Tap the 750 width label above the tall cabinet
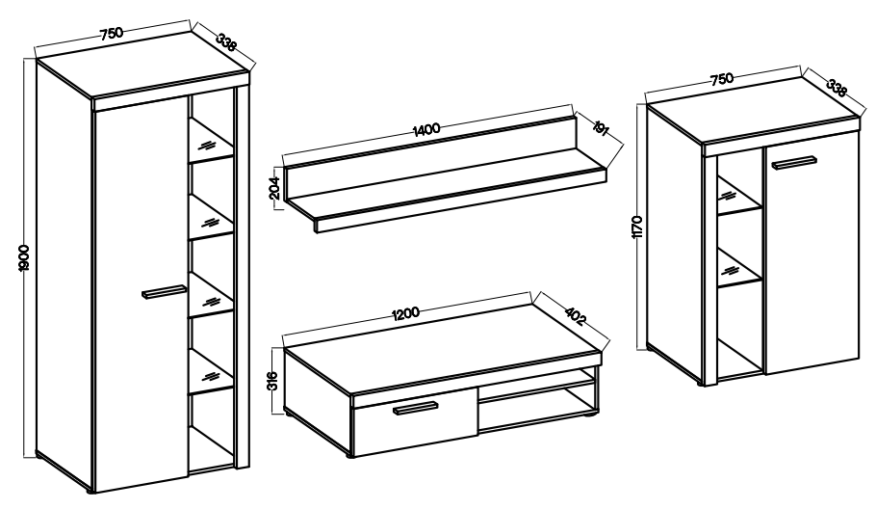pyautogui.click(x=111, y=34)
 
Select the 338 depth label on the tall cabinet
pyautogui.click(x=226, y=42)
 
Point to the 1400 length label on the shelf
pyautogui.click(x=426, y=129)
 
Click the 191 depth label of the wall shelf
pyautogui.click(x=600, y=127)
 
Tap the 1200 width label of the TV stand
pyautogui.click(x=406, y=313)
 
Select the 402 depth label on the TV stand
pyautogui.click(x=575, y=316)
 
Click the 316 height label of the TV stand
pyautogui.click(x=272, y=381)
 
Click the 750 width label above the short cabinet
pyautogui.click(x=722, y=79)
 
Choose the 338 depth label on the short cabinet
pyautogui.click(x=837, y=89)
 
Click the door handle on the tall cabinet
pyautogui.click(x=164, y=292)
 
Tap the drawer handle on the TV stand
pyautogui.click(x=416, y=409)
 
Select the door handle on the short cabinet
pyautogui.click(x=794, y=163)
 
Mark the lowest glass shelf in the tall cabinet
pyautogui.click(x=210, y=373)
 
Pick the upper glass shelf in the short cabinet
pyautogui.click(x=739, y=197)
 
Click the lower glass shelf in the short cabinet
pyautogui.click(x=739, y=269)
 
